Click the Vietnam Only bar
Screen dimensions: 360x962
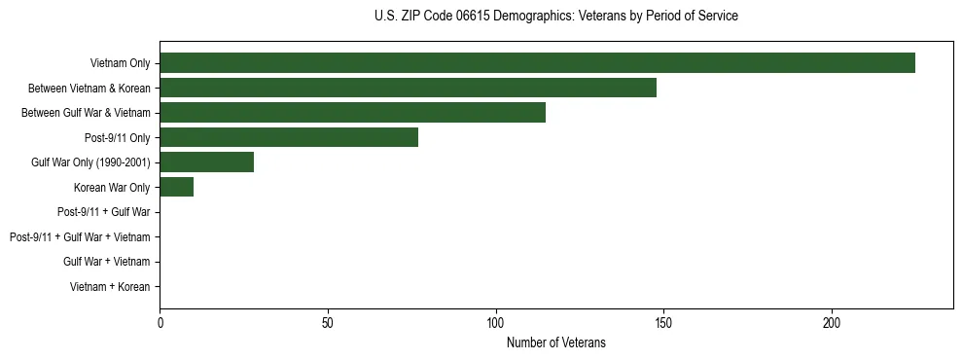tap(537, 63)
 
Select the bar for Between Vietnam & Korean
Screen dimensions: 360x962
tap(408, 88)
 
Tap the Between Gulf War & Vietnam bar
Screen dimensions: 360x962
tap(352, 112)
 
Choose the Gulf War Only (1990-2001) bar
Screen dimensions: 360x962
tap(206, 162)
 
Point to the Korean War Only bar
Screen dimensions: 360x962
tap(176, 187)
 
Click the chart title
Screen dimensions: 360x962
tap(555, 17)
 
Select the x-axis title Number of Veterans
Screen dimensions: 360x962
tap(555, 342)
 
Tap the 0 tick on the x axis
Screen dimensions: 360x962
tap(160, 323)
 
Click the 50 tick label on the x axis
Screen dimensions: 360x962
tap(328, 323)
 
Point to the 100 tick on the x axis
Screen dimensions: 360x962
tap(496, 323)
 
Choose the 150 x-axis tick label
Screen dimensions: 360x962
tap(663, 323)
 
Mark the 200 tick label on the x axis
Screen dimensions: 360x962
tap(832, 323)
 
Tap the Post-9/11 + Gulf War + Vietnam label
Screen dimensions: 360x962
tap(80, 236)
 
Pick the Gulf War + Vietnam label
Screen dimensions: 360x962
tap(106, 262)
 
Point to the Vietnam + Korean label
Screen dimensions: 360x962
tap(110, 286)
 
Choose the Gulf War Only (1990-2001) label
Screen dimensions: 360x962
tap(90, 162)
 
